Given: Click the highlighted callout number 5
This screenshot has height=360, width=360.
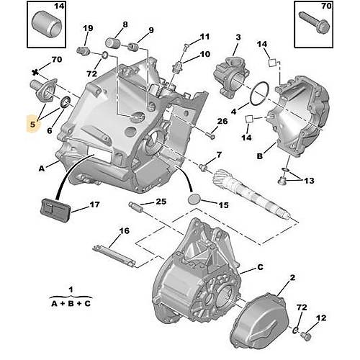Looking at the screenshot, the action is pyautogui.click(x=32, y=124).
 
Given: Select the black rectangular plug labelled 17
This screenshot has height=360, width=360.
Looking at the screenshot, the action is pyautogui.click(x=55, y=210).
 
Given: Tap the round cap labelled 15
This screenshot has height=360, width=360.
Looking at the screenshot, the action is pyautogui.click(x=194, y=199).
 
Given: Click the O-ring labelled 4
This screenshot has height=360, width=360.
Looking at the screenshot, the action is pyautogui.click(x=259, y=94).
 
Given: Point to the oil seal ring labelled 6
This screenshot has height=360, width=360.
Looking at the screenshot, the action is pyautogui.click(x=65, y=102).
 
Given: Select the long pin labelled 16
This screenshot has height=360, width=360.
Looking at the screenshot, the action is pyautogui.click(x=113, y=255).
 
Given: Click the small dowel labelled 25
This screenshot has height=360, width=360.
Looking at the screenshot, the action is pyautogui.click(x=136, y=207).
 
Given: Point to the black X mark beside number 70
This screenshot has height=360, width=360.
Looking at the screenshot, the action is pyautogui.click(x=35, y=71).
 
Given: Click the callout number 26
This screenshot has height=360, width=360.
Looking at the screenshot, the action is pyautogui.click(x=222, y=121).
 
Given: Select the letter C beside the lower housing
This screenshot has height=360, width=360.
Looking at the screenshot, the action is pyautogui.click(x=260, y=267).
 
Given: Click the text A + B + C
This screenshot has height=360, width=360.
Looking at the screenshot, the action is pyautogui.click(x=71, y=304).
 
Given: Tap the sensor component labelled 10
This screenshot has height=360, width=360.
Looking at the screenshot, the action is pyautogui.click(x=177, y=66).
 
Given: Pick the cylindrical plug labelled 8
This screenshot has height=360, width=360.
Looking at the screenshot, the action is pyautogui.click(x=113, y=43).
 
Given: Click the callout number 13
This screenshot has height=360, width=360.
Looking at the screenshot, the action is pyautogui.click(x=309, y=181).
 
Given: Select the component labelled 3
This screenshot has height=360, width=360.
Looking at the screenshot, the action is pyautogui.click(x=230, y=78).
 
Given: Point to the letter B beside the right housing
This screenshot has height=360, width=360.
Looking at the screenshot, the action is pyautogui.click(x=260, y=156).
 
